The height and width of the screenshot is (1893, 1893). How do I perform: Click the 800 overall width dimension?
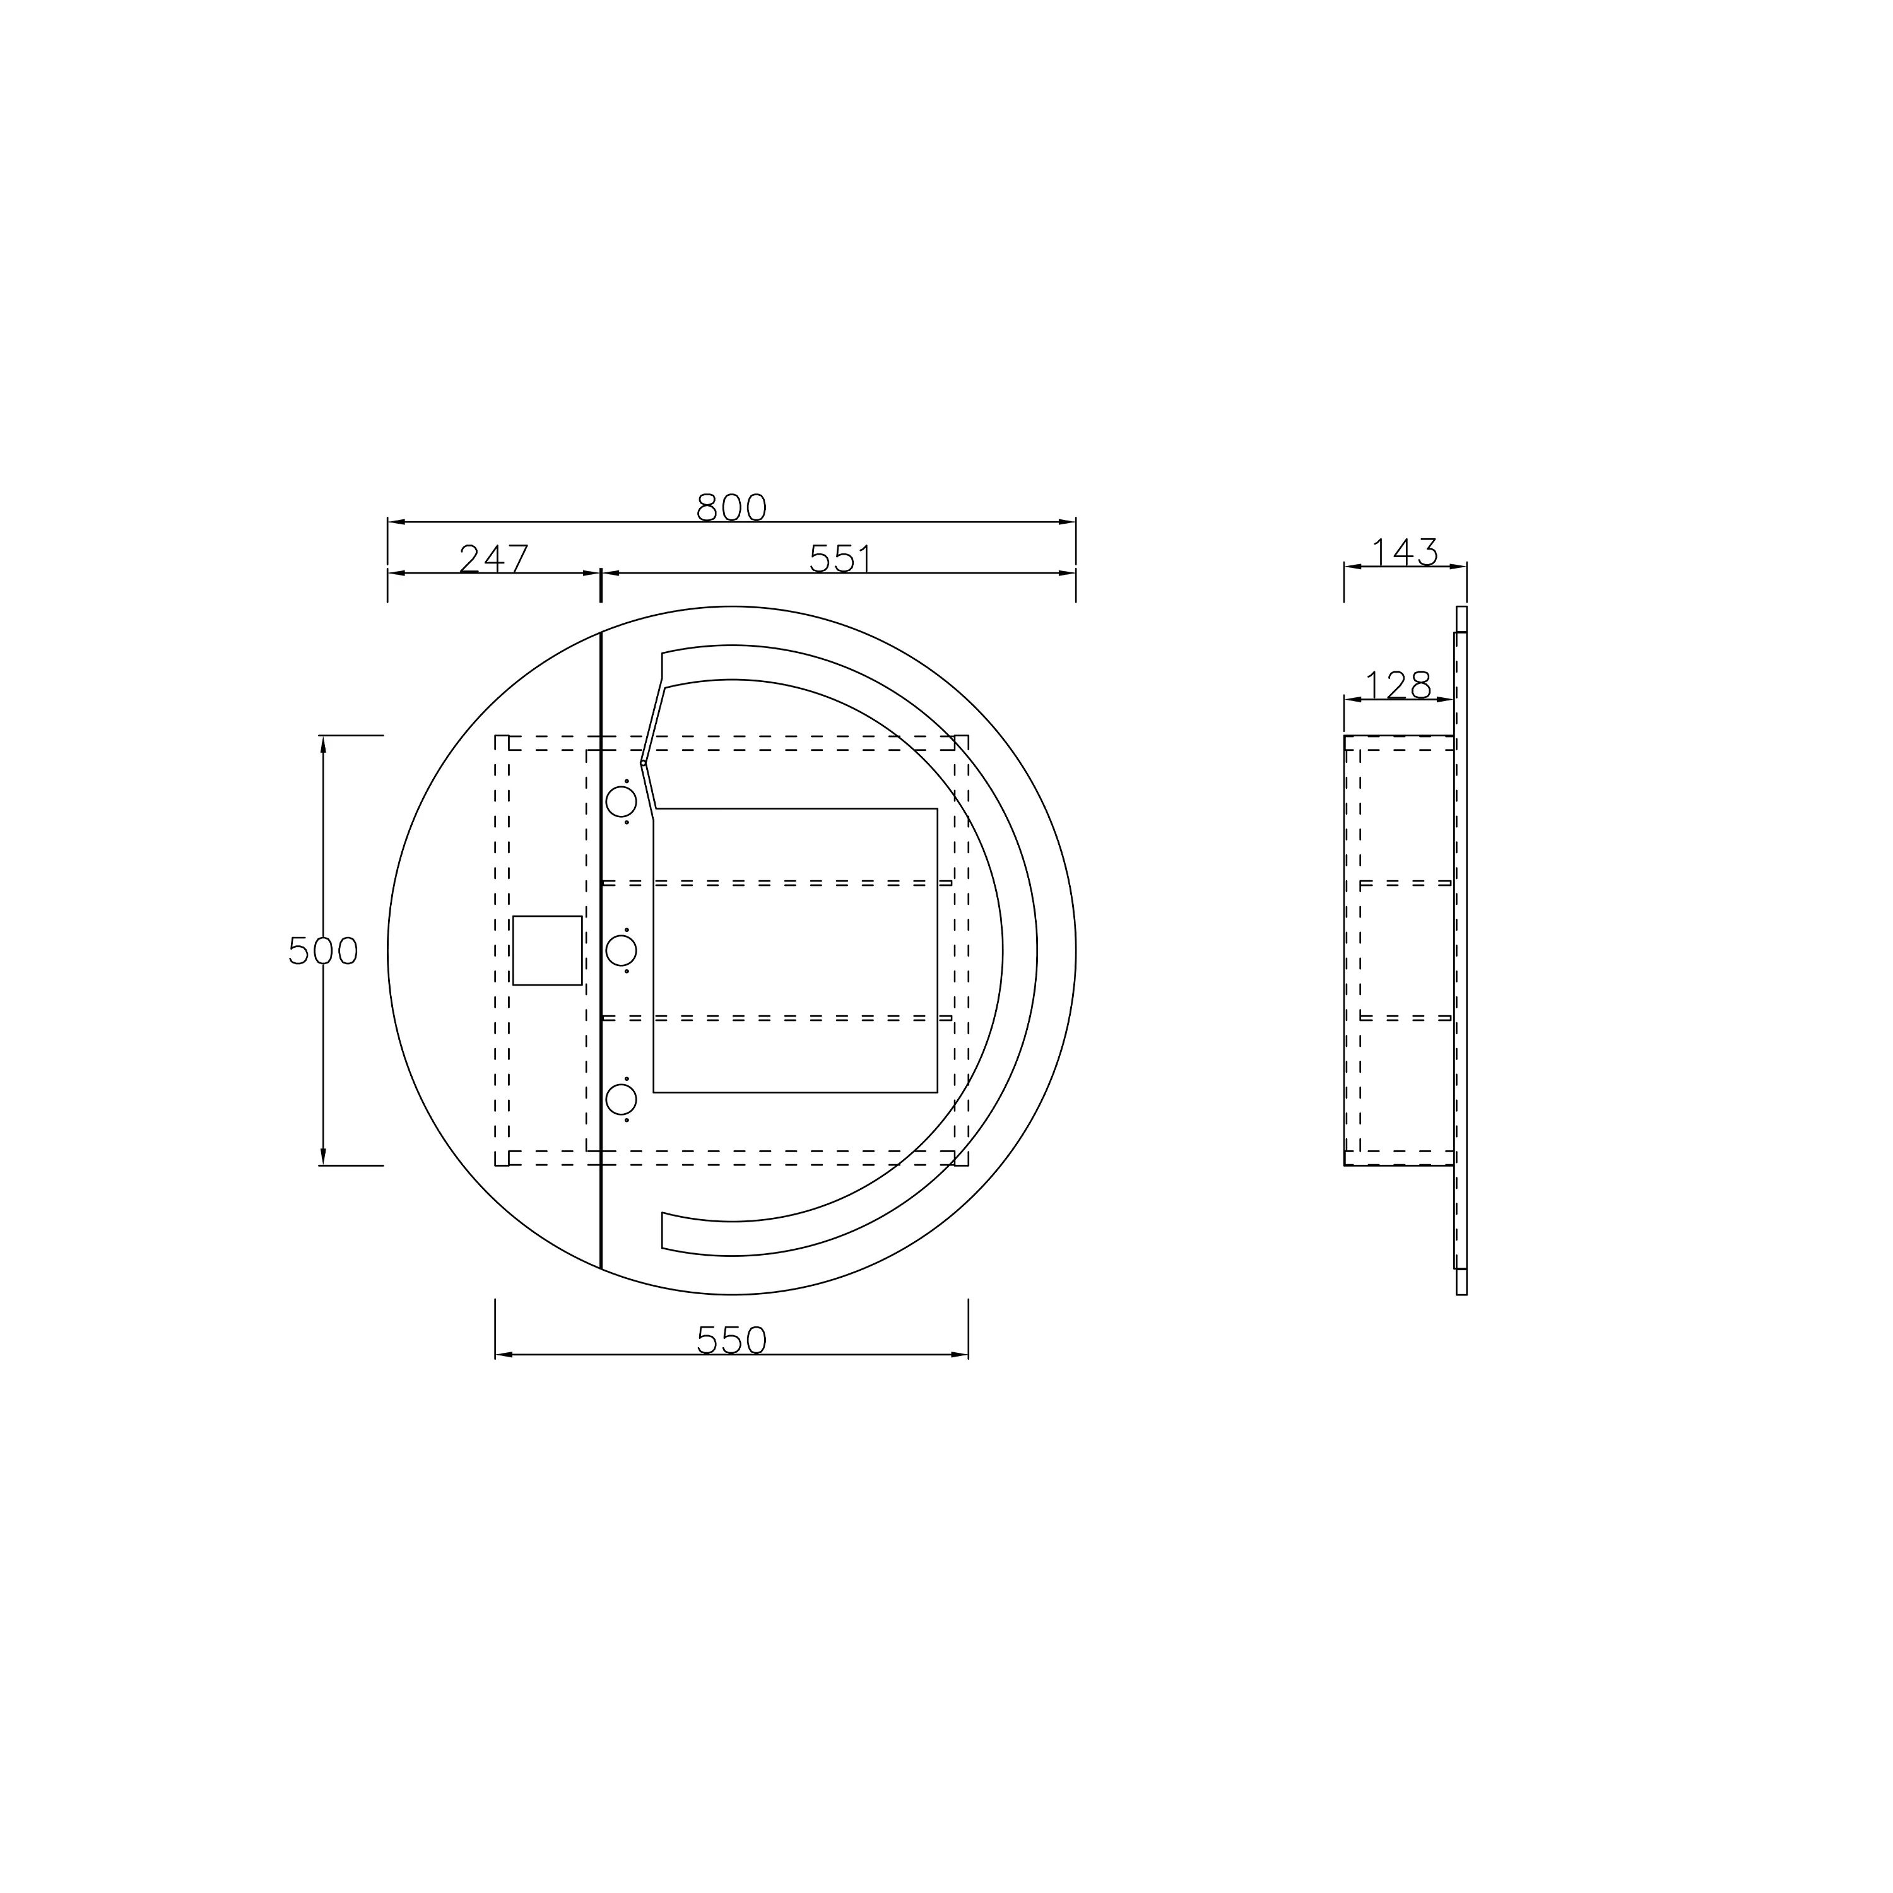tap(731, 507)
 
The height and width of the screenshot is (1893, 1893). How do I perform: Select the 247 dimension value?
tap(494, 558)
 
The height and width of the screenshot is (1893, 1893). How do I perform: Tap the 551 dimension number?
tap(840, 558)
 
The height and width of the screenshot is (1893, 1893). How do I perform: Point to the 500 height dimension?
tap(323, 950)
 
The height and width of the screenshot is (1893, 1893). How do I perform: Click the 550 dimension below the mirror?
tap(731, 1340)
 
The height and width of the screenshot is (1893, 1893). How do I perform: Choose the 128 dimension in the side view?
tap(1398, 685)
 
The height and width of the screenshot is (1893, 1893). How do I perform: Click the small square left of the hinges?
tap(548, 950)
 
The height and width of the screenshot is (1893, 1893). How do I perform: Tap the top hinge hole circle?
tap(621, 801)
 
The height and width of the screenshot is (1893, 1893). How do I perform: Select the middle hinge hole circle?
tap(621, 950)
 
